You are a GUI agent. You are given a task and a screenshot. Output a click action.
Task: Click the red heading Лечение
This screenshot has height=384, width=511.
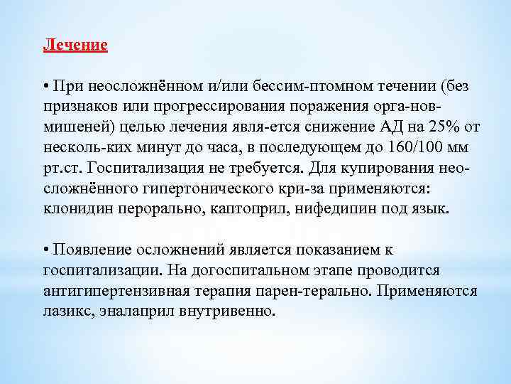coord(75,45)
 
